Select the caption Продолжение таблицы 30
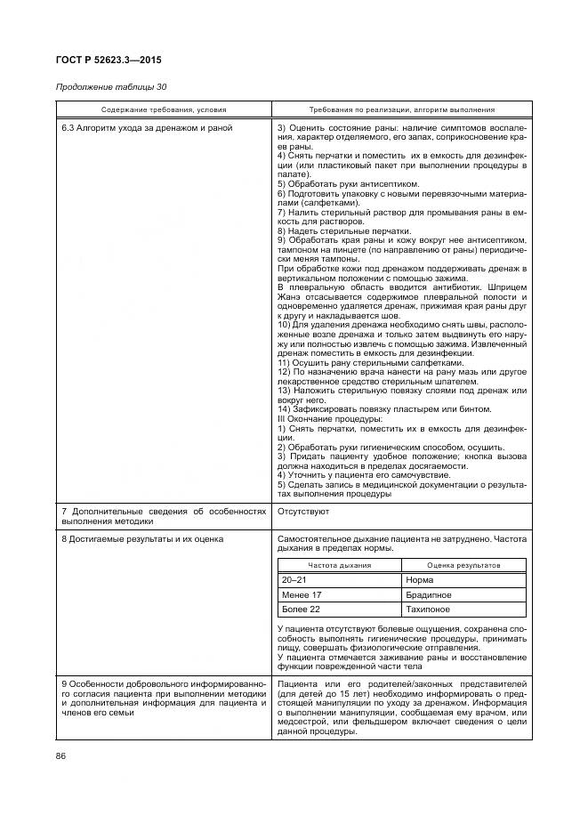pyautogui.click(x=111, y=87)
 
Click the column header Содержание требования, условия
pyautogui.click(x=163, y=109)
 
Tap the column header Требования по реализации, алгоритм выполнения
pyautogui.click(x=402, y=109)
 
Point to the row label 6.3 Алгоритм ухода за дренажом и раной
pyautogui.click(x=147, y=128)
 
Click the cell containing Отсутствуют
pyautogui.click(x=304, y=513)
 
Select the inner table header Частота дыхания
pyautogui.click(x=339, y=565)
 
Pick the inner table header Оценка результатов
pyautogui.click(x=463, y=565)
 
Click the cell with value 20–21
pyautogui.click(x=294, y=579)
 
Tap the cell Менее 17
pyautogui.click(x=301, y=594)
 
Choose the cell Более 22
pyautogui.click(x=300, y=610)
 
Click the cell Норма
pyautogui.click(x=419, y=579)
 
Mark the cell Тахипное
pyautogui.click(x=427, y=610)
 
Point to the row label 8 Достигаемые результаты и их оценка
pyautogui.click(x=141, y=539)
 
